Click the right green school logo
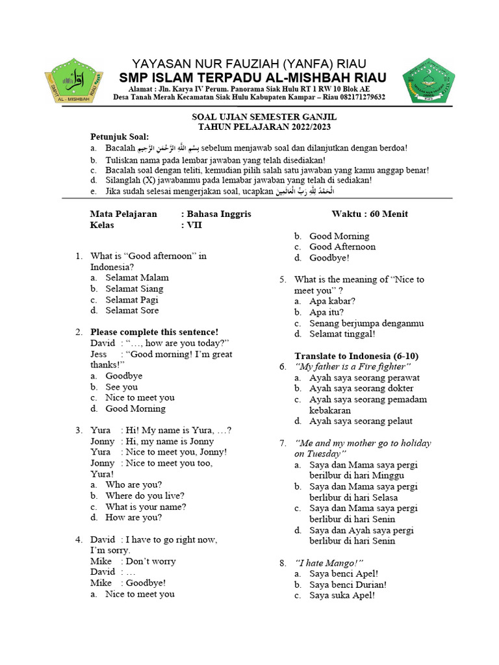pos(428,80)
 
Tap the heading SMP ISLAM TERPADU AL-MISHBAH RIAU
pos(253,77)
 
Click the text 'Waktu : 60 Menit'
pos(370,214)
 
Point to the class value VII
pos(194,225)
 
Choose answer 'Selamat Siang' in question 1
pos(134,288)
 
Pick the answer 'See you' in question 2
pos(122,386)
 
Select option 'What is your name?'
pos(146,507)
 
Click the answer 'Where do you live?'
pos(145,496)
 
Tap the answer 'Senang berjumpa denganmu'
pos(366,323)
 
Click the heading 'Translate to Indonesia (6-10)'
pos(357,356)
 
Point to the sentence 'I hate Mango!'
pos(329,562)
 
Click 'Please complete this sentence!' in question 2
pos(155,332)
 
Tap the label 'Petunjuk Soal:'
pos(119,136)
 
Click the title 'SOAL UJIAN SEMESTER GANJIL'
pos(249,116)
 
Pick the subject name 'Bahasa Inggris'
pos(219,214)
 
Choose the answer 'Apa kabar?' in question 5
pos(332,301)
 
